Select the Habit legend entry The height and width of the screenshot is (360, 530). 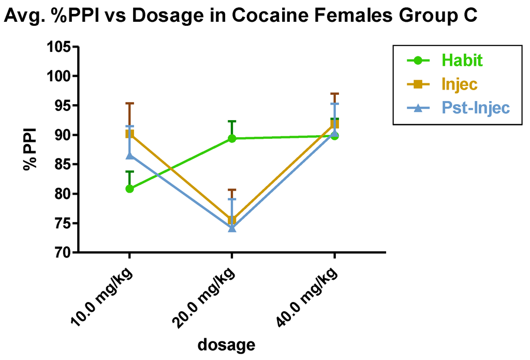click(x=461, y=60)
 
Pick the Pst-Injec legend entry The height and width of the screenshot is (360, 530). click(x=475, y=108)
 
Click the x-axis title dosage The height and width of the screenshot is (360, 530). click(x=227, y=344)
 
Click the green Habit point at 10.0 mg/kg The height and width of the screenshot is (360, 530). click(x=129, y=189)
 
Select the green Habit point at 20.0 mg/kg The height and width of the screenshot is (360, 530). click(x=232, y=138)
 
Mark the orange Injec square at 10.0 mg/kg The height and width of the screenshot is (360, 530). click(x=129, y=134)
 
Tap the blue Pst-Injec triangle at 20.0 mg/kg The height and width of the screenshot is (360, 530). click(x=232, y=228)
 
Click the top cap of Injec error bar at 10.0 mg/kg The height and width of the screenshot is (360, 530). click(x=129, y=104)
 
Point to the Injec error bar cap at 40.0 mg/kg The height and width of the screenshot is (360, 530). click(x=334, y=94)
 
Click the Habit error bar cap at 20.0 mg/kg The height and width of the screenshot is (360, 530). click(x=232, y=121)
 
